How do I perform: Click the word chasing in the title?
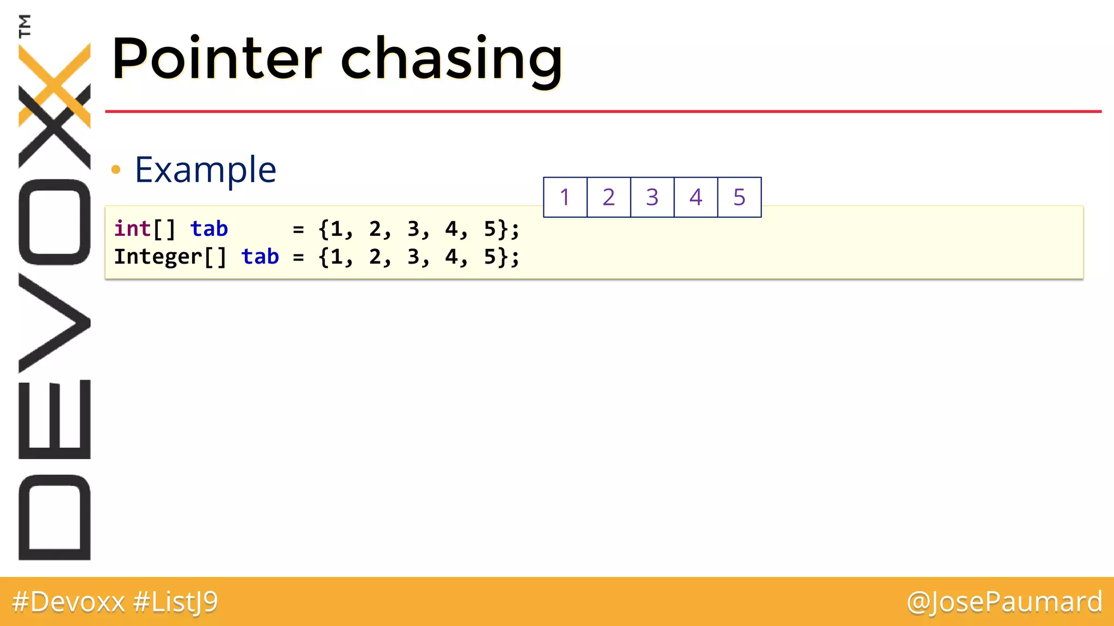click(451, 60)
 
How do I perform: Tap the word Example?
click(206, 170)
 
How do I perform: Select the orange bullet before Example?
click(115, 170)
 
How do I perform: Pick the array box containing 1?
click(565, 197)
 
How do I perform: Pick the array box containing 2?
click(609, 197)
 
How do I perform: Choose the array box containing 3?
click(652, 197)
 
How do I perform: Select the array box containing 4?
click(696, 197)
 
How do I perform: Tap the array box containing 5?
click(739, 197)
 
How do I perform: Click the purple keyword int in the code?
click(132, 229)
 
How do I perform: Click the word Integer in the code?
click(158, 256)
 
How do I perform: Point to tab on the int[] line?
click(209, 229)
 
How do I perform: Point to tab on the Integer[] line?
click(260, 256)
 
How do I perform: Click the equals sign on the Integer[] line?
click(298, 257)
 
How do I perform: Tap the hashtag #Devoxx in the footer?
click(69, 602)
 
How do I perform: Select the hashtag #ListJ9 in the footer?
click(176, 602)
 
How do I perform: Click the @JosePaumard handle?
click(1004, 602)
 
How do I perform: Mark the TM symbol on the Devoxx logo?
click(24, 26)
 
